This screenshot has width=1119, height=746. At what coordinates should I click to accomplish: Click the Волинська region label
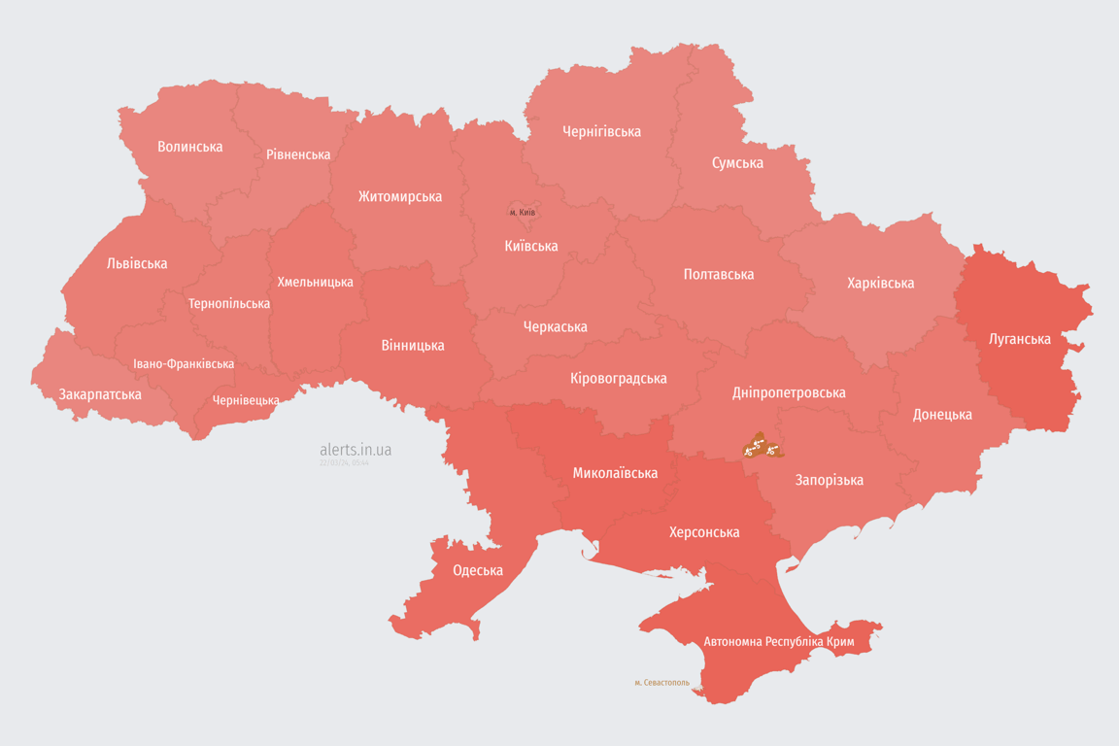point(190,147)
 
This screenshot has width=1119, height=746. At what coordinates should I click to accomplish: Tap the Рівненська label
point(298,154)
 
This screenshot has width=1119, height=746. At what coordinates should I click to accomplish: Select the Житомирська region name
point(399,196)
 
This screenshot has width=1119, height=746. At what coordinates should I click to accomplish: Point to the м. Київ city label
point(522,212)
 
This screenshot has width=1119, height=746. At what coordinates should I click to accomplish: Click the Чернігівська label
point(601,131)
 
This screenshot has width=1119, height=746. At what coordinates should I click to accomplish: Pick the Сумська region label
point(737,162)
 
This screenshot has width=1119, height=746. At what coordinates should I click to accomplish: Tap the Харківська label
point(880,283)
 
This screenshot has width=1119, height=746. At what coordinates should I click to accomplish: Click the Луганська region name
point(1019,339)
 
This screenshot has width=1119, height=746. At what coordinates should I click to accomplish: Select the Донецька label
point(942,414)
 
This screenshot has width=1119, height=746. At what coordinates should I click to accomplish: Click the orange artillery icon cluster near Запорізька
point(762,447)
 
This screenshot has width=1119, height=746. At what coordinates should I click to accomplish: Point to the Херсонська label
point(704,531)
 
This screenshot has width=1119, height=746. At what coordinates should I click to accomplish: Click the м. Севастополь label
point(661,683)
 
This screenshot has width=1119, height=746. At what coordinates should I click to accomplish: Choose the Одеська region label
point(478,570)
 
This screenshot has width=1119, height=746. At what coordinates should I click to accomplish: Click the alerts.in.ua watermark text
point(356,450)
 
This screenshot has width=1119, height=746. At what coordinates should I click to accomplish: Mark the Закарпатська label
point(100,394)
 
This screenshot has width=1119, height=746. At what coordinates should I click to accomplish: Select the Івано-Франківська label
point(184,364)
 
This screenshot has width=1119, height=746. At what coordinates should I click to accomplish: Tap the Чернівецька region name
point(246,400)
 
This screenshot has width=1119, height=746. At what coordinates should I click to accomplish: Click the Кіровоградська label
point(618,378)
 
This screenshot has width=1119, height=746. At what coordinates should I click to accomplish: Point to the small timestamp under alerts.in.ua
point(344,463)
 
